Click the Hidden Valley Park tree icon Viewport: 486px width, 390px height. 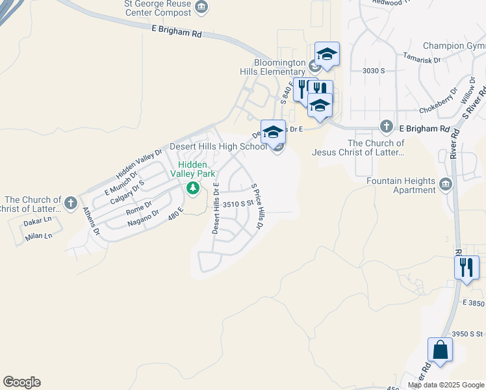[192, 188]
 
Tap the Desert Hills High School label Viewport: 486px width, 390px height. [218, 146]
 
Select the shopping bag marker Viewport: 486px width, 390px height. [440, 350]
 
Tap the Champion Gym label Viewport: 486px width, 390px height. [454, 45]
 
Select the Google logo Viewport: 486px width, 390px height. [21, 382]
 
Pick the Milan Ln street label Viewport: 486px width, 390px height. [38, 237]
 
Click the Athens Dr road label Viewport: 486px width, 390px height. [91, 221]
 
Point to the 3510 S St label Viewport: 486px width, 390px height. [237, 203]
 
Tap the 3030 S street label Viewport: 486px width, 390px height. [374, 70]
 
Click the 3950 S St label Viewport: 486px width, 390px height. [468, 334]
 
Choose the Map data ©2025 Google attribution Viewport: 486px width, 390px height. [446, 385]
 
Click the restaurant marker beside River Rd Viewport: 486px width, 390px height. [466, 266]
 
